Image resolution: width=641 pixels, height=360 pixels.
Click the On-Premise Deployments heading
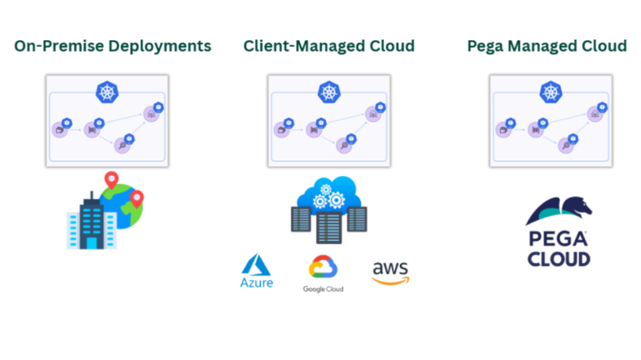(x=113, y=46)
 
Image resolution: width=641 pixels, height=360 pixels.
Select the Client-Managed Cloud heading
(x=329, y=46)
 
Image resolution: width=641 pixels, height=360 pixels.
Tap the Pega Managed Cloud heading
(x=547, y=46)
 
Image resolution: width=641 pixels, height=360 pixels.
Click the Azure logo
(x=256, y=271)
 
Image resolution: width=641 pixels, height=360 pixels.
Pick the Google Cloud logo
(x=323, y=273)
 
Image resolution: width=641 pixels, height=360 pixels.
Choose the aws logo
(x=391, y=272)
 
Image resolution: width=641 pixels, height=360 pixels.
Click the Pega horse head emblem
(x=559, y=210)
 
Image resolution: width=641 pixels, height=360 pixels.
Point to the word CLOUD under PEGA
(x=559, y=259)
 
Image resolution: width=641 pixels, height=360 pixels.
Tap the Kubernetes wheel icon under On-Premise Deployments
(x=107, y=92)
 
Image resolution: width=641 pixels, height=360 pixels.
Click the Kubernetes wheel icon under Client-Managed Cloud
(x=329, y=92)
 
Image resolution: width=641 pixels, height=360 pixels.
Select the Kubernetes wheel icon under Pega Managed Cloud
(x=551, y=92)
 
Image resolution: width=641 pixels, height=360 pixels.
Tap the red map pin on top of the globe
(x=111, y=180)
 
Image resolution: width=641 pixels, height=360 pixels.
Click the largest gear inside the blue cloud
(x=336, y=200)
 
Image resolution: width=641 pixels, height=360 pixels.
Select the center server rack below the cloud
(x=329, y=227)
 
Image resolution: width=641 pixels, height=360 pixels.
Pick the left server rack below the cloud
(x=301, y=219)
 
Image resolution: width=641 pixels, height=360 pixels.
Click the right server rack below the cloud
(x=357, y=219)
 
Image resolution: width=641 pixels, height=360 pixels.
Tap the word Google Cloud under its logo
(x=323, y=289)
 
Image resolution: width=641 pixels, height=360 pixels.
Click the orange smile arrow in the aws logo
(x=391, y=281)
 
